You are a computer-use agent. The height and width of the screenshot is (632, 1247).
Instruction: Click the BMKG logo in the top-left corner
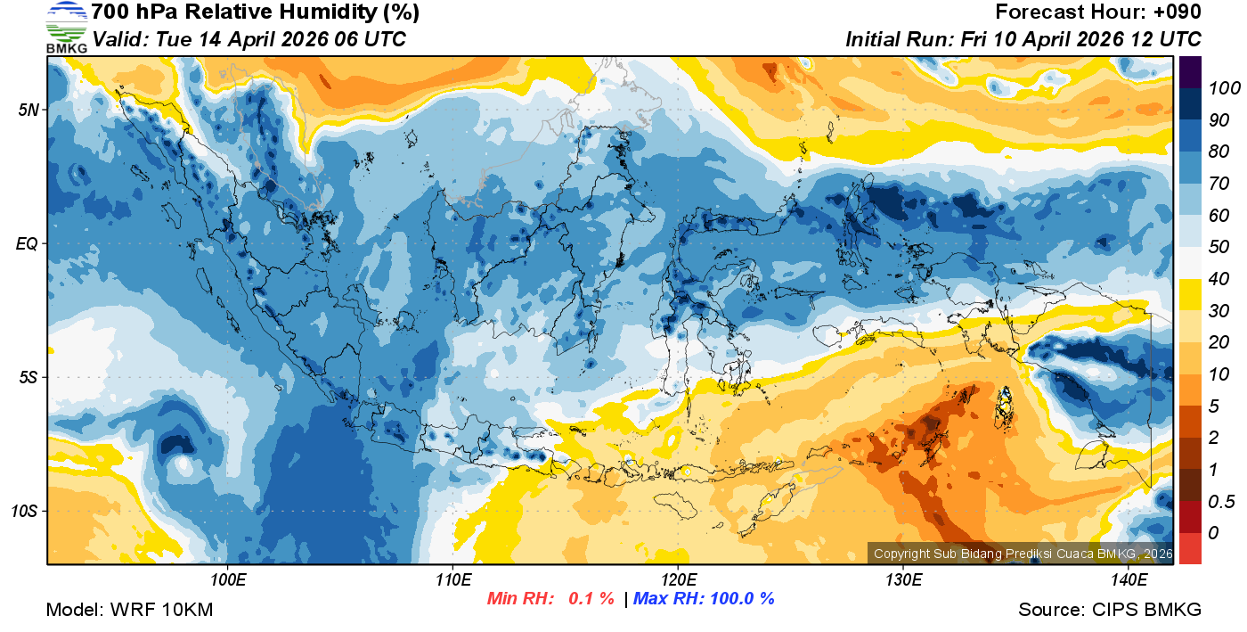pyautogui.click(x=66, y=27)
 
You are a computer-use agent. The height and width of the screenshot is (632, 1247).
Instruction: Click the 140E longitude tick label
pyautogui.click(x=1129, y=580)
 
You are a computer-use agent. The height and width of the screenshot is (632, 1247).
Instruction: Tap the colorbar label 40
pyautogui.click(x=1218, y=279)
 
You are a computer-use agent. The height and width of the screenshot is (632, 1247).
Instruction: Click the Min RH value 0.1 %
pyautogui.click(x=591, y=599)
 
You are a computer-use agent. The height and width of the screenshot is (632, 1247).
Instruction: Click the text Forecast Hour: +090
pyautogui.click(x=1098, y=12)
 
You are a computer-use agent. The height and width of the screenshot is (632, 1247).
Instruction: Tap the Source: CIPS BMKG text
pyautogui.click(x=1110, y=611)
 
